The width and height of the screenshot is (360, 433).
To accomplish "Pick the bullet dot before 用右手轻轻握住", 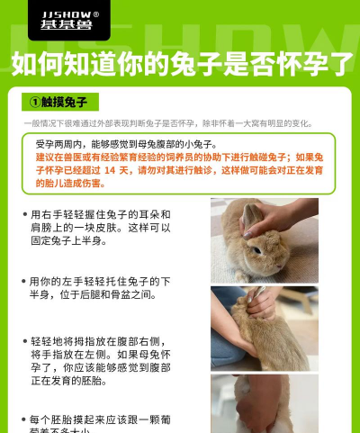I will tap(23, 215).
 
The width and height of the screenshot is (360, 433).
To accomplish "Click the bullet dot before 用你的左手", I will tap(23, 282).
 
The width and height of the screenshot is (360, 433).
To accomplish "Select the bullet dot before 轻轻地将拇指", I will tap(23, 343).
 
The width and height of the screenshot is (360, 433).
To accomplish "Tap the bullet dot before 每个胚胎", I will tap(23, 420).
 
